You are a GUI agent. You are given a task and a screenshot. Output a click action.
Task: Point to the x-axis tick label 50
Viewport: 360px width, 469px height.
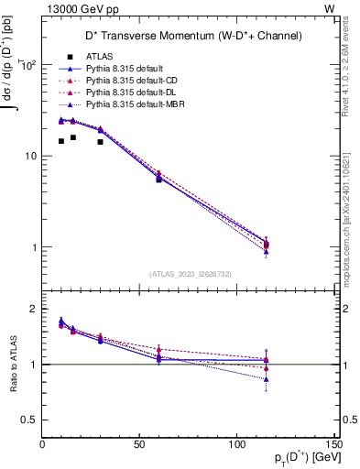140,444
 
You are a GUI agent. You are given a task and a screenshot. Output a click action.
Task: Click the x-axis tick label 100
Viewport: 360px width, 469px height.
237,444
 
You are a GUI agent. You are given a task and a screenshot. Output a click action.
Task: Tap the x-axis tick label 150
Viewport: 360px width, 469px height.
334,444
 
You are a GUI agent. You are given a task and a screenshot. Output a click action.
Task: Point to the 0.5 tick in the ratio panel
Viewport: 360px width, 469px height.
30,420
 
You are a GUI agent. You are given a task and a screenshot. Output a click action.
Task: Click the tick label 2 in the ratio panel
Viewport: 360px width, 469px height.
34,310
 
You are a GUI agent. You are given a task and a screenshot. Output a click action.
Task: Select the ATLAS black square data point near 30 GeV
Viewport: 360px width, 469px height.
101,142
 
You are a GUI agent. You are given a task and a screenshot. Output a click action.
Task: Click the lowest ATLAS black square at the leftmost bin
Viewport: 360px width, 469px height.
61,141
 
